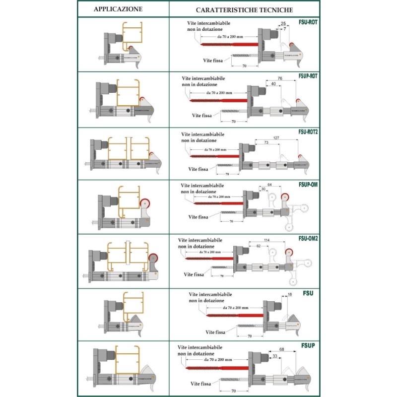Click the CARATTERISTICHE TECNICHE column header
point(244,9)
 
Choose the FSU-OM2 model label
point(308,239)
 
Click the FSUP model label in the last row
point(308,345)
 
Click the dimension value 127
point(276,138)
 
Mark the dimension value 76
point(279,78)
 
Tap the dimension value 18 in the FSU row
point(290,295)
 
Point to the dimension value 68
point(281,349)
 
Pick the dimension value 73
point(266,143)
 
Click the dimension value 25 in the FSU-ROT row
point(283,24)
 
